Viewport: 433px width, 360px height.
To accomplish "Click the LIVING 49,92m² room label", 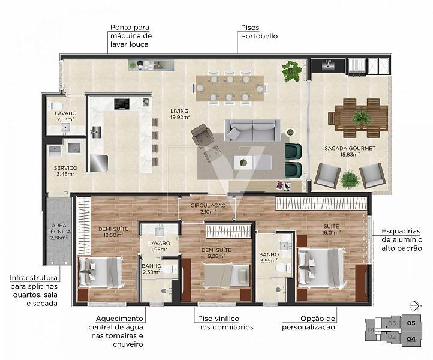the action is click(179, 114).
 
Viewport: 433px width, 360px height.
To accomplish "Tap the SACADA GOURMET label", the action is click(350, 148).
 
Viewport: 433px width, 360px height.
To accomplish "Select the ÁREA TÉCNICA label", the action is click(59, 229).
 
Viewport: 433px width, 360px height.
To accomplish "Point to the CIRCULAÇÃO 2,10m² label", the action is click(208, 208).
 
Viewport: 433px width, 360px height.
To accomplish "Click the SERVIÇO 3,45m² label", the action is click(65, 171).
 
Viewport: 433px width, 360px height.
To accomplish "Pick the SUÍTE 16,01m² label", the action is click(331, 229).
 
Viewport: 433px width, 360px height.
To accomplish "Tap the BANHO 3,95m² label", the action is click(269, 257).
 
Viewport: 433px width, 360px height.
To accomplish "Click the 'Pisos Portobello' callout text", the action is click(259, 32).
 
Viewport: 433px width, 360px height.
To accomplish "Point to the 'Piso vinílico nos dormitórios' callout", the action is click(225, 323).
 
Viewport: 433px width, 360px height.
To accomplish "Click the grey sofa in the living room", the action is click(252, 130).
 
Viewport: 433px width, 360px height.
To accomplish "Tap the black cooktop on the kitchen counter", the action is click(122, 104).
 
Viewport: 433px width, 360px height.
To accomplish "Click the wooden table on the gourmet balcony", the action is click(358, 118).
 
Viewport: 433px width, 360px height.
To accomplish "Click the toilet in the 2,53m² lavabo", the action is click(56, 106).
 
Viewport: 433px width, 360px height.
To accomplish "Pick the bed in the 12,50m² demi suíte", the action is click(101, 272).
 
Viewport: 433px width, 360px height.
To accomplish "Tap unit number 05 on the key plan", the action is click(411, 323).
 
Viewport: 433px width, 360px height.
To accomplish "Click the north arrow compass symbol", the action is click(415, 306).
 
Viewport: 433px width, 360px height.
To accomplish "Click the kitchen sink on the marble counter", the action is click(96, 131).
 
